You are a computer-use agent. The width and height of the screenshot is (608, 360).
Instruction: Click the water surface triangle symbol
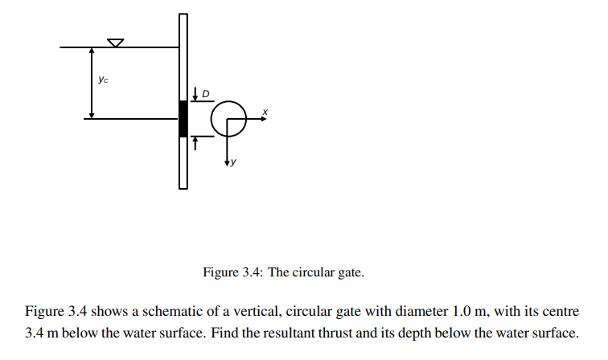point(116,42)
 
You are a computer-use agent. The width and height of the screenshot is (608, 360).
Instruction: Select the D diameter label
point(206,94)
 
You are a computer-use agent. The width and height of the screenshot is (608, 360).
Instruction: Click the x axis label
point(265,111)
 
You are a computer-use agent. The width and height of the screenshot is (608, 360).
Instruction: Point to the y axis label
point(234,163)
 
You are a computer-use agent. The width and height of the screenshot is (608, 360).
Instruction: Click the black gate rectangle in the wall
point(183,118)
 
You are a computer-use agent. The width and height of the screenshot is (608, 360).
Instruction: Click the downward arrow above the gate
point(195,94)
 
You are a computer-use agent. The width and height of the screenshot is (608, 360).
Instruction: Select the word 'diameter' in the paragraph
point(424,311)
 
